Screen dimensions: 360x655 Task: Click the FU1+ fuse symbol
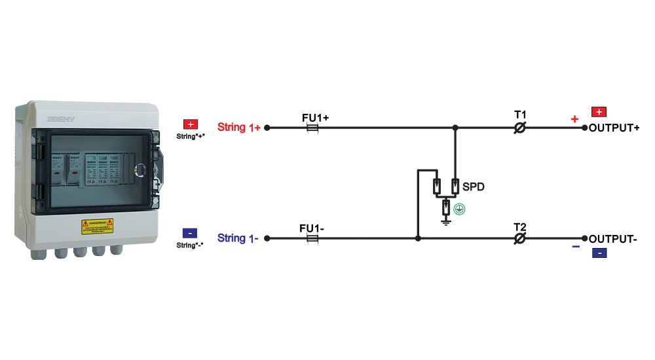314,128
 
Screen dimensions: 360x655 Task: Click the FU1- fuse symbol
314,239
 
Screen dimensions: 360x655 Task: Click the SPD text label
473,187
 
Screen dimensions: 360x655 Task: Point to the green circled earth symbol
460,210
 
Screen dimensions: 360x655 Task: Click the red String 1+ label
238,128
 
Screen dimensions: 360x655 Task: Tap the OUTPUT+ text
614,128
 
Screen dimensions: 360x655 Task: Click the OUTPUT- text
613,239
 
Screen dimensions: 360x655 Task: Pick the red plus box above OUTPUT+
599,112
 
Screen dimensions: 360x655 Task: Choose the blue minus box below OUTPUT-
599,253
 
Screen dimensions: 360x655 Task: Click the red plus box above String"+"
191,124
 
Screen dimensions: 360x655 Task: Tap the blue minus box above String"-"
190,232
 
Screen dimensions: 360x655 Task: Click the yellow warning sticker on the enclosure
97,226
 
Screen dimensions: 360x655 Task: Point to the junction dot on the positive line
455,128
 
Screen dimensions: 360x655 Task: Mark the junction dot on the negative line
418,239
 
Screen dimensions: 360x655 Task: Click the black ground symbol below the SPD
445,222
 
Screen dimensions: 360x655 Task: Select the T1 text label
520,115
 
